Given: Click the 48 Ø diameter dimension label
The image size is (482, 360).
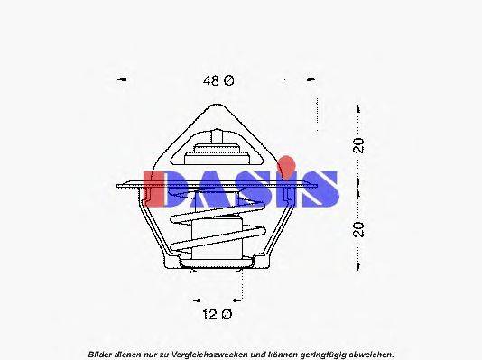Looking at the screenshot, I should [x=218, y=80].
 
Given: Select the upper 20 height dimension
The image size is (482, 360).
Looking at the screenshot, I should [x=358, y=146].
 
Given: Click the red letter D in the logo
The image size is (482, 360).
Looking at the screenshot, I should [x=167, y=189].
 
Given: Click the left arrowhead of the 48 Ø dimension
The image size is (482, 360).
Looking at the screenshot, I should [x=123, y=80].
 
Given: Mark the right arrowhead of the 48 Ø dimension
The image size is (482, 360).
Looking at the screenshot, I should [x=315, y=80].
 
